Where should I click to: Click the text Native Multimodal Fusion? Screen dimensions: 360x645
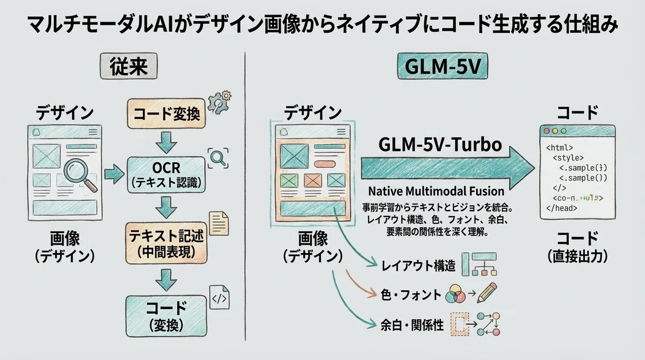click(436, 191)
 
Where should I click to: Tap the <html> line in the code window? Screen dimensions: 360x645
click(560, 147)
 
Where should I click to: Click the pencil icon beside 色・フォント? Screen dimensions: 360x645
click(488, 293)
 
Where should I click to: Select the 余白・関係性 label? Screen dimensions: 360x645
click(412, 325)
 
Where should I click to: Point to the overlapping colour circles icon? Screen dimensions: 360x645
click(456, 293)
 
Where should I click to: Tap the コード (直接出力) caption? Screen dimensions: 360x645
click(577, 246)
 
